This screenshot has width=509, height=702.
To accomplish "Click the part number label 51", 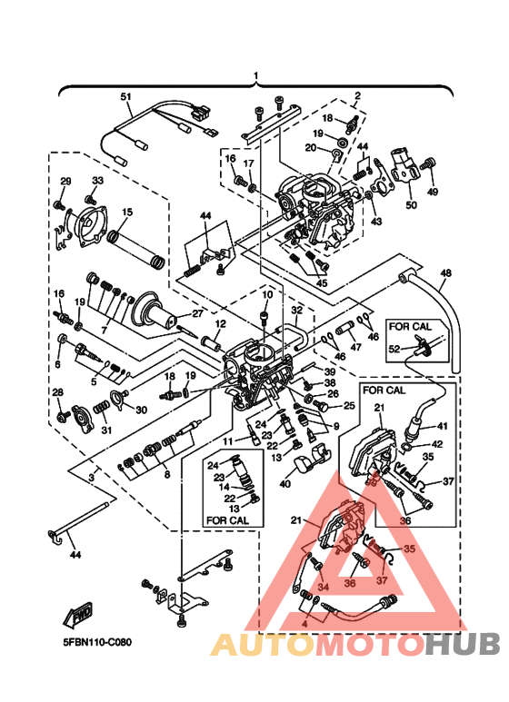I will pyautogui.click(x=126, y=96).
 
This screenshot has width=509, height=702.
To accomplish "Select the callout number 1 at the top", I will pyautogui.click(x=255, y=75).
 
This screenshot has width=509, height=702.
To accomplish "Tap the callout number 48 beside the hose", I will pyautogui.click(x=444, y=272).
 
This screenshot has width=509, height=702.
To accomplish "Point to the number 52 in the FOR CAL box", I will pyautogui.click(x=394, y=349).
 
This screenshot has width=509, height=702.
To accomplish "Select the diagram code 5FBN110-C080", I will pyautogui.click(x=97, y=642).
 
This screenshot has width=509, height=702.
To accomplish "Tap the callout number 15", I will pyautogui.click(x=126, y=212).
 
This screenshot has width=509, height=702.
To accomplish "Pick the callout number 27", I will pyautogui.click(x=195, y=314).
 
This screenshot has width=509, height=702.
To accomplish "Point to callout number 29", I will pyautogui.click(x=65, y=182).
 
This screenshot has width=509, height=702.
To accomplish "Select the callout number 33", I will pyautogui.click(x=97, y=181).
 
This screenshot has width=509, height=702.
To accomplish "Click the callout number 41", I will pyautogui.click(x=444, y=425).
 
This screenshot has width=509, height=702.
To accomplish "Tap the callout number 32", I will pyautogui.click(x=295, y=310).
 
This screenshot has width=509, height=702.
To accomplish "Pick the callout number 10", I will pyautogui.click(x=267, y=295).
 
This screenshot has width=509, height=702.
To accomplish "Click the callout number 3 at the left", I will pyautogui.click(x=91, y=475).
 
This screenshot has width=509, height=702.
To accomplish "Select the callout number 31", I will pyautogui.click(x=105, y=430).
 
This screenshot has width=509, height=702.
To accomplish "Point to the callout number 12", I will pyautogui.click(x=220, y=323).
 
